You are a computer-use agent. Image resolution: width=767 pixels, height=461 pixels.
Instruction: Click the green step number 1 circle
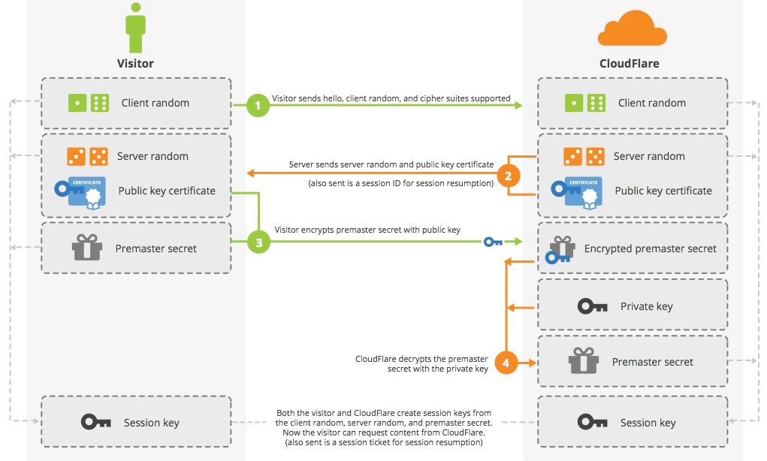[258, 106]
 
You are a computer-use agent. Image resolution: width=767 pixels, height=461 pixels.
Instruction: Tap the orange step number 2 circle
[507, 176]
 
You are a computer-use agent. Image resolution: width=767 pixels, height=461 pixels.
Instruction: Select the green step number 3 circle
[258, 242]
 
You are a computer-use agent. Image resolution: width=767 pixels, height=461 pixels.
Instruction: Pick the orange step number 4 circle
[506, 363]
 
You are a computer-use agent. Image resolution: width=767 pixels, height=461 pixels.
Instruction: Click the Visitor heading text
[135, 64]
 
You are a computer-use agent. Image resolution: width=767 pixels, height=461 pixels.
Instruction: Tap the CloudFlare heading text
[628, 64]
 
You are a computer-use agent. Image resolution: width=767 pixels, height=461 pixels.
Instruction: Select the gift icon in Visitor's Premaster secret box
[86, 248]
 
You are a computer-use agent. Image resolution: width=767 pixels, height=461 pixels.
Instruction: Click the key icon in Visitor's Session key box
[95, 422]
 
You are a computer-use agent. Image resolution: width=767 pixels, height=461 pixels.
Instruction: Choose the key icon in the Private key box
[592, 306]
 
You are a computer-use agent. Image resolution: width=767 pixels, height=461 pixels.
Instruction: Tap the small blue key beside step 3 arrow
[493, 242]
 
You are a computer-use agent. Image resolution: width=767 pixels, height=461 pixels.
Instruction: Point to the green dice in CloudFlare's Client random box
[585, 103]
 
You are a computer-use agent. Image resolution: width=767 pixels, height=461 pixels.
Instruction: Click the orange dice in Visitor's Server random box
[88, 156]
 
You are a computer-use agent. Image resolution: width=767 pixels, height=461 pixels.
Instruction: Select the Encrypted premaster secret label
[651, 249]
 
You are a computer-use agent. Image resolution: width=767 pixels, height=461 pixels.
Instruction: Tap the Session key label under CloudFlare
[648, 423]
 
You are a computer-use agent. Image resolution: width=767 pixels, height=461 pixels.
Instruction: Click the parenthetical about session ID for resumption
[400, 183]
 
